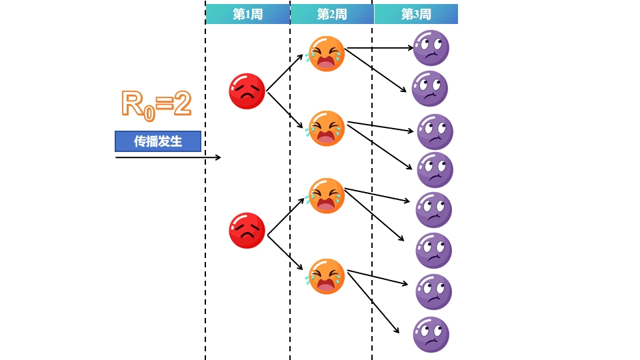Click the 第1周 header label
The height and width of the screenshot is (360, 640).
(247, 14)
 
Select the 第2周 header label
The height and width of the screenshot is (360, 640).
(332, 14)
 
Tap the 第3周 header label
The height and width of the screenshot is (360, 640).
(416, 14)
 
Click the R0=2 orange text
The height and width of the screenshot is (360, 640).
(156, 104)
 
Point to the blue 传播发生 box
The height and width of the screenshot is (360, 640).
(158, 141)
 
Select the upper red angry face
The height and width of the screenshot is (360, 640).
(247, 91)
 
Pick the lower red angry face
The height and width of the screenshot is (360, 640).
(247, 231)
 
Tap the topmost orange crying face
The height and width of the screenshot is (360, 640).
(326, 53)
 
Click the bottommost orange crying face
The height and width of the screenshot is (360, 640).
(326, 276)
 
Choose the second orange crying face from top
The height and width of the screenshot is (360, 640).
(326, 128)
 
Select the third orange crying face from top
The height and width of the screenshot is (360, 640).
(326, 195)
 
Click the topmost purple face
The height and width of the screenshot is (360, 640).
(431, 48)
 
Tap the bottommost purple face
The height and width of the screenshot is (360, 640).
(431, 335)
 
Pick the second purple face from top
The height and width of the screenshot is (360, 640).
(429, 89)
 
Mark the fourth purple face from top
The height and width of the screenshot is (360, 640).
(435, 170)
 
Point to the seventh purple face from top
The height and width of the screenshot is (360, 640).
(433, 292)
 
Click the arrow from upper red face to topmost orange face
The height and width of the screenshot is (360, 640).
(285, 73)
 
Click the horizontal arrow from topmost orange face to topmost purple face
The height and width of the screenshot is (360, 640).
(380, 48)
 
